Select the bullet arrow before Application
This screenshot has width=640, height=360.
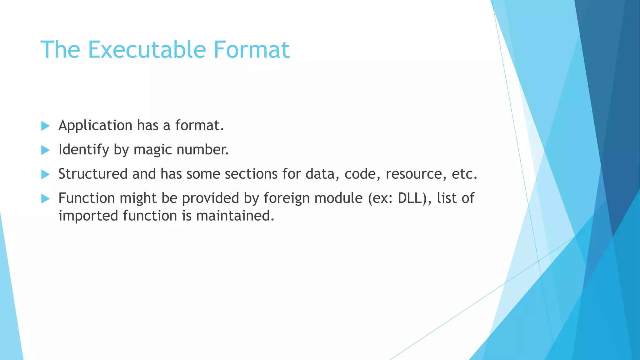[45, 126]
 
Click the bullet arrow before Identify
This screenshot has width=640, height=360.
[45, 150]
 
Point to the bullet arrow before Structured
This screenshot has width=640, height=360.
[45, 174]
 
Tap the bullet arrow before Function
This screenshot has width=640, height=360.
[45, 198]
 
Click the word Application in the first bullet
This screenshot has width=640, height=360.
[95, 126]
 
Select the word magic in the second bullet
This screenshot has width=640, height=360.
[152, 150]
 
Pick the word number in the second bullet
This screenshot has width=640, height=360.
[202, 149]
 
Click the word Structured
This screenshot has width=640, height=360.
[93, 174]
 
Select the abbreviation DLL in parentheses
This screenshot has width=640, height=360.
[412, 198]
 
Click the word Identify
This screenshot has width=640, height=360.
[83, 150]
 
